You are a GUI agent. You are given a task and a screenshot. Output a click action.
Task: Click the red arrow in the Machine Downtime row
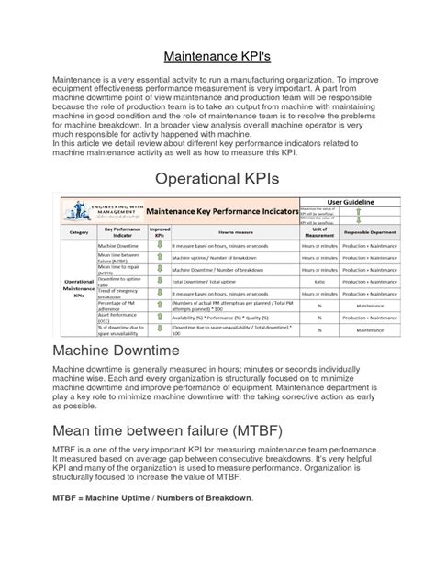click(160, 247)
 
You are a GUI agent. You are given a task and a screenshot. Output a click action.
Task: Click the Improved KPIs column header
click(160, 233)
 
